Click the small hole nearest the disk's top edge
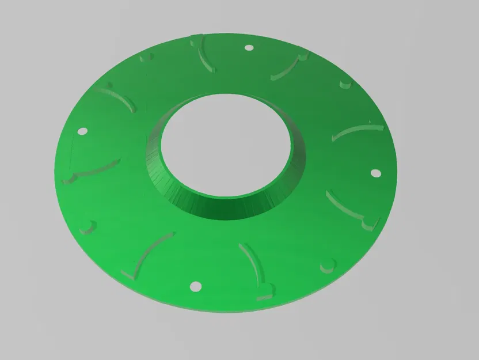pos(249,48)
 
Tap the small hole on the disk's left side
pos(81,131)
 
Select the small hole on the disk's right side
pos(375,172)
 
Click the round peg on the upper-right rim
pos(345,84)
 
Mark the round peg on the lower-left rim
pos(87,225)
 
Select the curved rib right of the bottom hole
pos(253,266)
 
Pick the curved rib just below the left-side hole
pos(92,170)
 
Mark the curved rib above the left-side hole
pos(121,97)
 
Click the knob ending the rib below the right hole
pos(368,222)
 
